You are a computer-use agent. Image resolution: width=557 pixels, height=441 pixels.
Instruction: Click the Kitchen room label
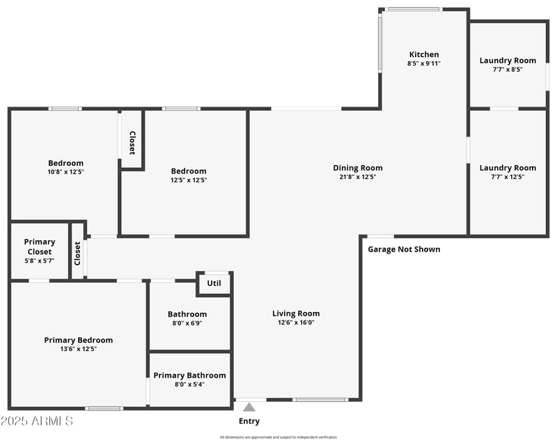click(424, 54)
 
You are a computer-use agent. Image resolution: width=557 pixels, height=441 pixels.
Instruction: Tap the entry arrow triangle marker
click(249, 407)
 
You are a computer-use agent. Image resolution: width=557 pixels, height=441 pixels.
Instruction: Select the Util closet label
click(214, 283)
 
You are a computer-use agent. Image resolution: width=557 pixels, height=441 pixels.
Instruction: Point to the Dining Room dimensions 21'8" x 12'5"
click(358, 177)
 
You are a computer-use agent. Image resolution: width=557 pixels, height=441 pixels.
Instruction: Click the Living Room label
click(296, 314)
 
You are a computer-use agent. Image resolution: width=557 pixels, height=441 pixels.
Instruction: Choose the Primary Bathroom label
click(189, 375)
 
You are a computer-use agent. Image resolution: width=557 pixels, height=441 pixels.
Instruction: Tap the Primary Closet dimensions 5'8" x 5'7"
click(40, 261)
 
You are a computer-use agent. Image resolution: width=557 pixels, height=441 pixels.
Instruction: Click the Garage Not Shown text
click(404, 249)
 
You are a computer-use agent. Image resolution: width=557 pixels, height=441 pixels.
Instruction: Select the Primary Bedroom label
click(78, 340)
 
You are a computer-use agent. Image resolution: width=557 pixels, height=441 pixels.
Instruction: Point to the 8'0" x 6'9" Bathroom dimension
click(187, 323)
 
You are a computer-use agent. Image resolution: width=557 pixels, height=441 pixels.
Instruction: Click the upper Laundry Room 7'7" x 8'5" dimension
click(508, 70)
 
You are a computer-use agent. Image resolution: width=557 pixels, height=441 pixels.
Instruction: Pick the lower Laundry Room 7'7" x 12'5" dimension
click(508, 177)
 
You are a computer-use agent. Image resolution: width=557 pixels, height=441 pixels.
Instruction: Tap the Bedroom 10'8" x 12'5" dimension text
click(65, 171)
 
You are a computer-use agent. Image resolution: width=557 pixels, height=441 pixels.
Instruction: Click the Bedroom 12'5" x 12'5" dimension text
click(189, 180)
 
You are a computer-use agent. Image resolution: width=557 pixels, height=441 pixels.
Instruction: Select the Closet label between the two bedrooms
click(132, 143)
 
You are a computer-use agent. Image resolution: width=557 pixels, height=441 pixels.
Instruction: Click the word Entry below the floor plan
click(249, 421)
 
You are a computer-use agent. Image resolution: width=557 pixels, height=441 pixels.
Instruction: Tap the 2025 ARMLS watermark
click(37, 421)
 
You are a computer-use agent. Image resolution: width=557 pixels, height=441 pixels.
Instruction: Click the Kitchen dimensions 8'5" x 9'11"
click(424, 63)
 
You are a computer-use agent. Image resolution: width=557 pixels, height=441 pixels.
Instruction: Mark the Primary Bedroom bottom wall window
click(104, 408)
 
